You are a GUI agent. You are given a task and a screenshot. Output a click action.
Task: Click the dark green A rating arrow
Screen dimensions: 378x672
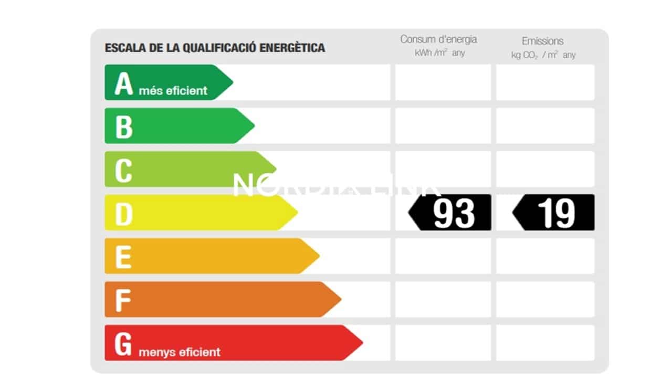tap(168, 82)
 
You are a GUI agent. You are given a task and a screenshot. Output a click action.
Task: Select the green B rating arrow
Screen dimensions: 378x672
tap(178, 126)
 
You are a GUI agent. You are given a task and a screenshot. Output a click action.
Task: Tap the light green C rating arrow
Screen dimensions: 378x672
tap(189, 170)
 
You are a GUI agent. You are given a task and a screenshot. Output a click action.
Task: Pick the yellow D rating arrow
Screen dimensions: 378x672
tap(199, 213)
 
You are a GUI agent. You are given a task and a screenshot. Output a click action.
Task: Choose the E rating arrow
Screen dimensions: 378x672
tap(210, 256)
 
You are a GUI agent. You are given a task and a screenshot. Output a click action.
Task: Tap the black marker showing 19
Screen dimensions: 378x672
tap(554, 213)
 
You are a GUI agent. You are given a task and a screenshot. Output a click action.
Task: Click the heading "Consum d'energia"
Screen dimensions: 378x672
tap(438, 39)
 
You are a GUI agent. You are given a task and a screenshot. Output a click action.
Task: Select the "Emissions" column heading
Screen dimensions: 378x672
tap(542, 41)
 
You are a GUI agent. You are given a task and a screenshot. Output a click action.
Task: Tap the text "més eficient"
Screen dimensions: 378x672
tap(173, 91)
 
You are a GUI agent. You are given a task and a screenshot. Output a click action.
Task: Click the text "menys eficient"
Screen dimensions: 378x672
tap(180, 352)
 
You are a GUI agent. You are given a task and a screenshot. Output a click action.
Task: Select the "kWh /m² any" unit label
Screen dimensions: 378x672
tap(439, 53)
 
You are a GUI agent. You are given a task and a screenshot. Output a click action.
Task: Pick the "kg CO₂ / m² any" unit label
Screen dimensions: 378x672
tap(543, 55)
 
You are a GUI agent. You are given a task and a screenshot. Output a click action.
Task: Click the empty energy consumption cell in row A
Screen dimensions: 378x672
tap(443, 82)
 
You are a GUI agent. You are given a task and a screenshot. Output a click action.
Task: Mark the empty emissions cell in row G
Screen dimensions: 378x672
tap(545, 343)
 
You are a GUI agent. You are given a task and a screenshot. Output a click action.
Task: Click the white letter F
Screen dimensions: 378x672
tap(122, 300)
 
